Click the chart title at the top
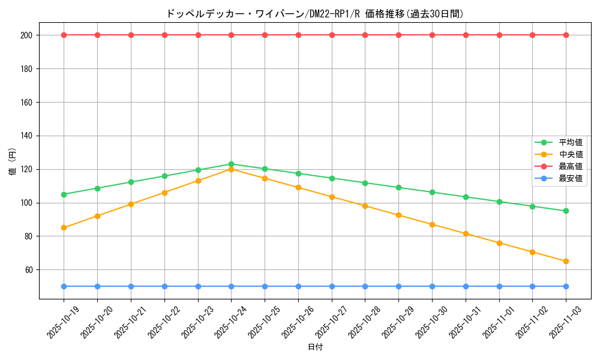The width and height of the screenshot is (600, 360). [314, 14]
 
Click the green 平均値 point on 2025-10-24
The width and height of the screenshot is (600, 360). [231, 164]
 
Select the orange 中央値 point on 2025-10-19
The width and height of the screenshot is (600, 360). [64, 227]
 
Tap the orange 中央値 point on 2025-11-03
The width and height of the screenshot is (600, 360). [566, 261]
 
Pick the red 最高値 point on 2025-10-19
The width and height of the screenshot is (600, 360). [64, 35]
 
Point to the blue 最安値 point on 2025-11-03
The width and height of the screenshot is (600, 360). [566, 286]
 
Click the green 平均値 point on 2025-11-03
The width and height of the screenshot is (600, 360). [566, 211]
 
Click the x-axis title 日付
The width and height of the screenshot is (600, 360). [315, 347]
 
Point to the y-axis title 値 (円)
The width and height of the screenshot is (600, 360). [13, 162]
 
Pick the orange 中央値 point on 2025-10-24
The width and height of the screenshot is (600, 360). [231, 169]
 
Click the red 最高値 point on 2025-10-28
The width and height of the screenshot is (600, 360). [365, 35]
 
